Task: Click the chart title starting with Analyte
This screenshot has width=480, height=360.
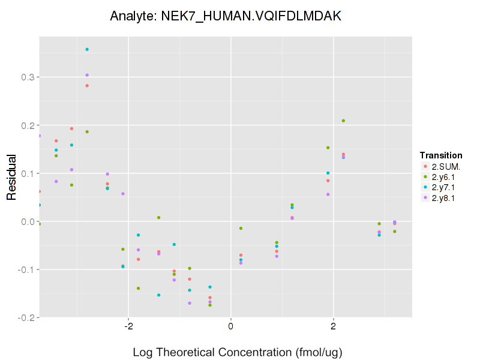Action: [x=226, y=17]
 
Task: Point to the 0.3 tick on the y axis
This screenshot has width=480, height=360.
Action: [x=28, y=77]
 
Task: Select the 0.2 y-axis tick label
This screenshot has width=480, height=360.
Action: [x=28, y=125]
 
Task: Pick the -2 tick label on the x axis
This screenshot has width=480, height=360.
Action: [x=128, y=327]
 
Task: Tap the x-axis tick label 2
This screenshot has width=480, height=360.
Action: [x=333, y=327]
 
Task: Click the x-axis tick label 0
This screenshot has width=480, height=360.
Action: [x=231, y=327]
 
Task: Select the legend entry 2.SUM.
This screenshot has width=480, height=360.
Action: [x=442, y=166]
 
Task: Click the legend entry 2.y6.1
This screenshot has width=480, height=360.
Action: [x=442, y=176]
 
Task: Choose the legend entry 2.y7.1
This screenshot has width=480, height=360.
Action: [x=442, y=187]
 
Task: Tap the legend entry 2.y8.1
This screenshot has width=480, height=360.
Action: [x=442, y=198]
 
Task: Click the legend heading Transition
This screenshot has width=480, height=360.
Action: [x=440, y=155]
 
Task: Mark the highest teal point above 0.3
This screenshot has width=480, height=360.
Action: [x=87, y=49]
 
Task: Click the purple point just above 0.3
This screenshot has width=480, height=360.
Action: [x=87, y=75]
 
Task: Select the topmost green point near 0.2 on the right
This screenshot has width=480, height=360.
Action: [x=343, y=121]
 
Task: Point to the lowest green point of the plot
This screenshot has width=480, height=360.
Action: [x=210, y=305]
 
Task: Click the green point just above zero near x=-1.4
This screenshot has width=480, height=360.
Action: [x=158, y=217]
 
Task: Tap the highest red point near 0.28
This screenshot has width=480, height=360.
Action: [x=87, y=86]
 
